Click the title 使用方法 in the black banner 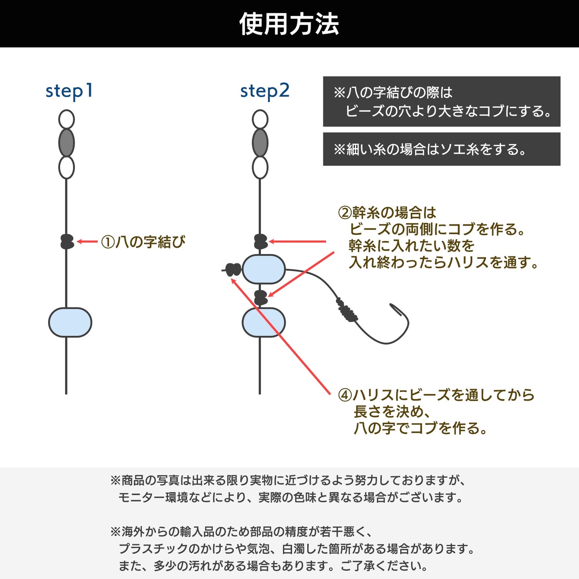coord(289,24)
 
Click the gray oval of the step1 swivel coord(67,143)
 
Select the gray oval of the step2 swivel coord(260,143)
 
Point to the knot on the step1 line coord(67,242)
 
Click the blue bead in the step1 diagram coord(70,322)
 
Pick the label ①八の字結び coord(143,242)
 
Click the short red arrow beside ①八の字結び coord(87,242)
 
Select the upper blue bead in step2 coord(264,269)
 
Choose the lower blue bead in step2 coord(264,322)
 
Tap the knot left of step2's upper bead coord(233,270)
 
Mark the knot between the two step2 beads coord(261,298)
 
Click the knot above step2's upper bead coord(261,242)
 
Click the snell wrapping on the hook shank coord(347,310)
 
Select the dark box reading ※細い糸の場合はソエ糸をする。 coord(442,149)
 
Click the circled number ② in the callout coord(345,213)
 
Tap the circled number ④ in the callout coord(345,395)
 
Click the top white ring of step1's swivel coord(67,119)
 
